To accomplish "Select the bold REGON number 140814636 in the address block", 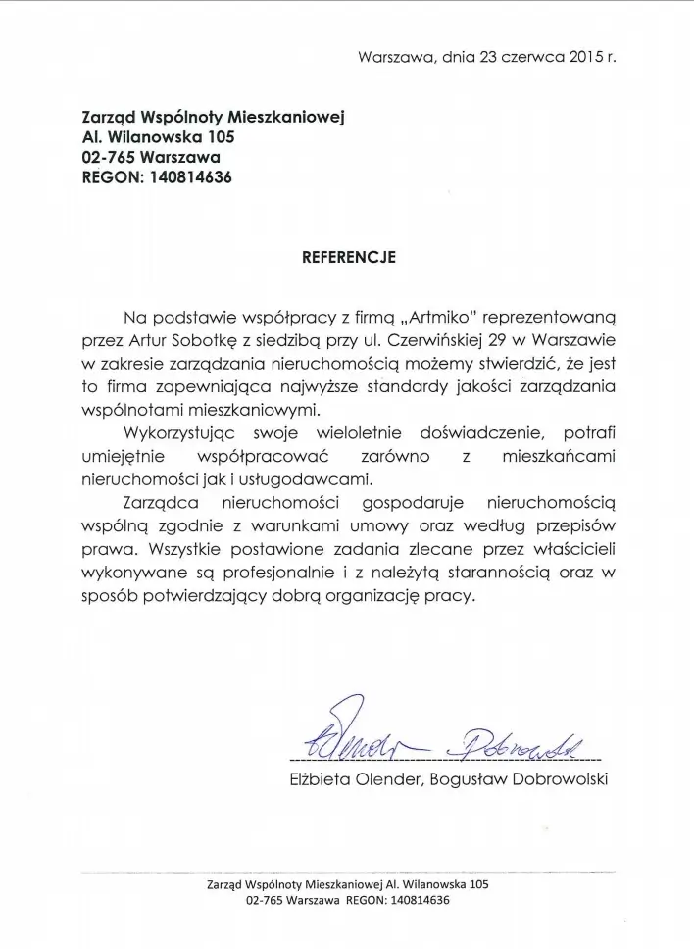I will (x=192, y=177).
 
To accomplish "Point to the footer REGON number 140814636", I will (x=410, y=900).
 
